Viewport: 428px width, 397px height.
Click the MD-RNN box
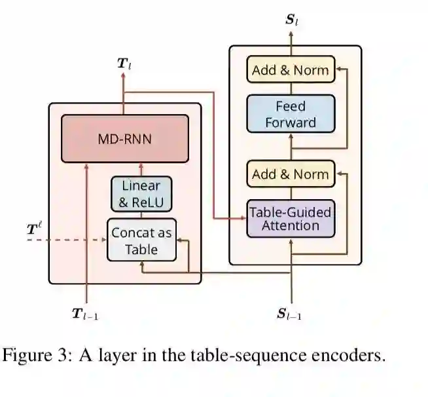pos(124,139)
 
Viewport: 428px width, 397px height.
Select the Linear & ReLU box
pos(141,193)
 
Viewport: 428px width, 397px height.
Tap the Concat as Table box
pos(142,240)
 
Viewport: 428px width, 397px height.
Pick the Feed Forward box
pos(291,114)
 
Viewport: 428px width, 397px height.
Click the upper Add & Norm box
pos(291,70)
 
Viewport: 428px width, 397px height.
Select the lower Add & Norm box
pos(291,174)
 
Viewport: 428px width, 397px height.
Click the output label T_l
pos(124,64)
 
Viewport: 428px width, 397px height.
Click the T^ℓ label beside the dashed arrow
pos(35,229)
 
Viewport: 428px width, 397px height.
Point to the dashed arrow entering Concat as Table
pos(65,240)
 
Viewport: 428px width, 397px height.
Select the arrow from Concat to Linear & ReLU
pos(141,215)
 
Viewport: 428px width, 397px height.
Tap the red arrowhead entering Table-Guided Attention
pos(243,218)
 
